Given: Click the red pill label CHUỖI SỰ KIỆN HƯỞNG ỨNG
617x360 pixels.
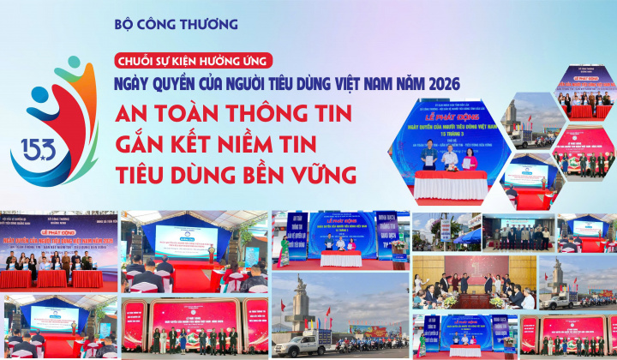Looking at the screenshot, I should pyautogui.click(x=194, y=60).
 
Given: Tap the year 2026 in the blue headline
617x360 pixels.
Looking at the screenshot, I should pyautogui.click(x=440, y=84).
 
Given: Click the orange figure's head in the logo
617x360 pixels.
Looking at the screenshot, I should pyautogui.click(x=68, y=67).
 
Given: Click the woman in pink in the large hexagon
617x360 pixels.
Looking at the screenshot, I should pyautogui.click(x=456, y=158).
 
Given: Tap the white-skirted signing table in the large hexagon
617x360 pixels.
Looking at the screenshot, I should pyautogui.click(x=450, y=184).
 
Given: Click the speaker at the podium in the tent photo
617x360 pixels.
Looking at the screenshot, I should pyautogui.click(x=211, y=252).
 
